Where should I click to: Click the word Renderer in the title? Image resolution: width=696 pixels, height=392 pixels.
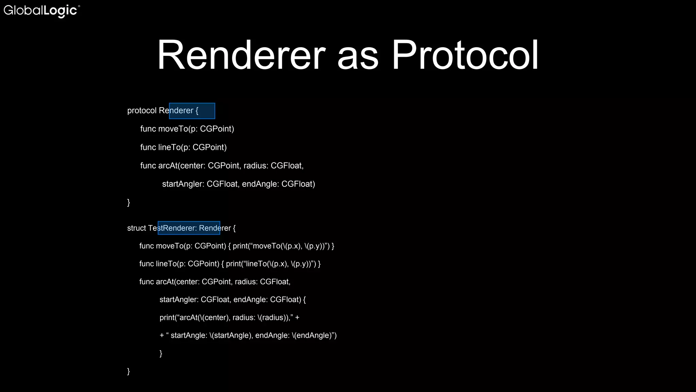241,55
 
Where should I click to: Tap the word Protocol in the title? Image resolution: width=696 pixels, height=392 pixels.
465,55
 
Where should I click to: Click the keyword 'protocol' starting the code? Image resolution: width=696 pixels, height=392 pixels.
142,111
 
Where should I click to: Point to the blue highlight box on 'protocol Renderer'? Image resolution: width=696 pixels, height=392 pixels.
192,111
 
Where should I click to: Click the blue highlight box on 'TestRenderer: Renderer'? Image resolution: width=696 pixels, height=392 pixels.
189,228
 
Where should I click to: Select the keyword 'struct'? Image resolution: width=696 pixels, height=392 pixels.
136,228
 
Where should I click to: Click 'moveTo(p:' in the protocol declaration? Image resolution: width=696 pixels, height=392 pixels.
178,129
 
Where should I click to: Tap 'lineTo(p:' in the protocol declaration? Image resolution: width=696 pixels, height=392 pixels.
174,147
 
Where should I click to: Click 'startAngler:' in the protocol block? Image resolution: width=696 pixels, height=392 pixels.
183,184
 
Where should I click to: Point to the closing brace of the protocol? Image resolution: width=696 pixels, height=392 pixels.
128,202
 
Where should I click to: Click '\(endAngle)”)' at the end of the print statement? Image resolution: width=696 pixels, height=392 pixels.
314,336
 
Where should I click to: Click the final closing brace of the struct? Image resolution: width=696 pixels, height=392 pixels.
128,371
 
